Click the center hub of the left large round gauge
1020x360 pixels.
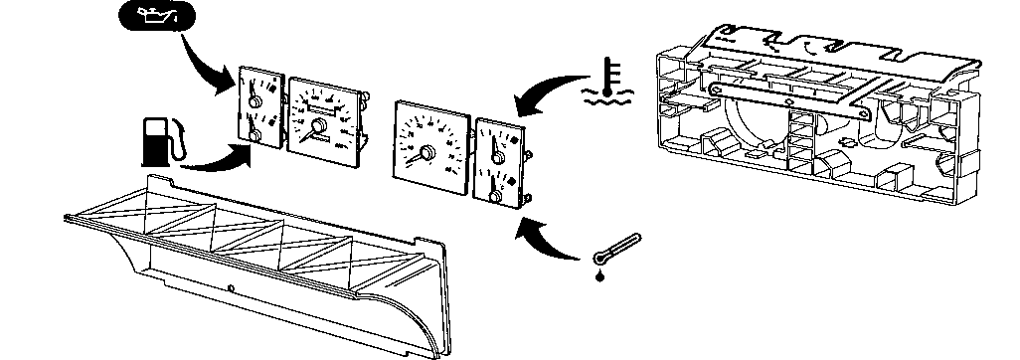pos(319,125)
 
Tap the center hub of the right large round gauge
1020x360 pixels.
pos(426,152)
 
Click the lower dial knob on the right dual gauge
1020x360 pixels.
pos(494,195)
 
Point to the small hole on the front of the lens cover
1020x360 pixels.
pos(230,290)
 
